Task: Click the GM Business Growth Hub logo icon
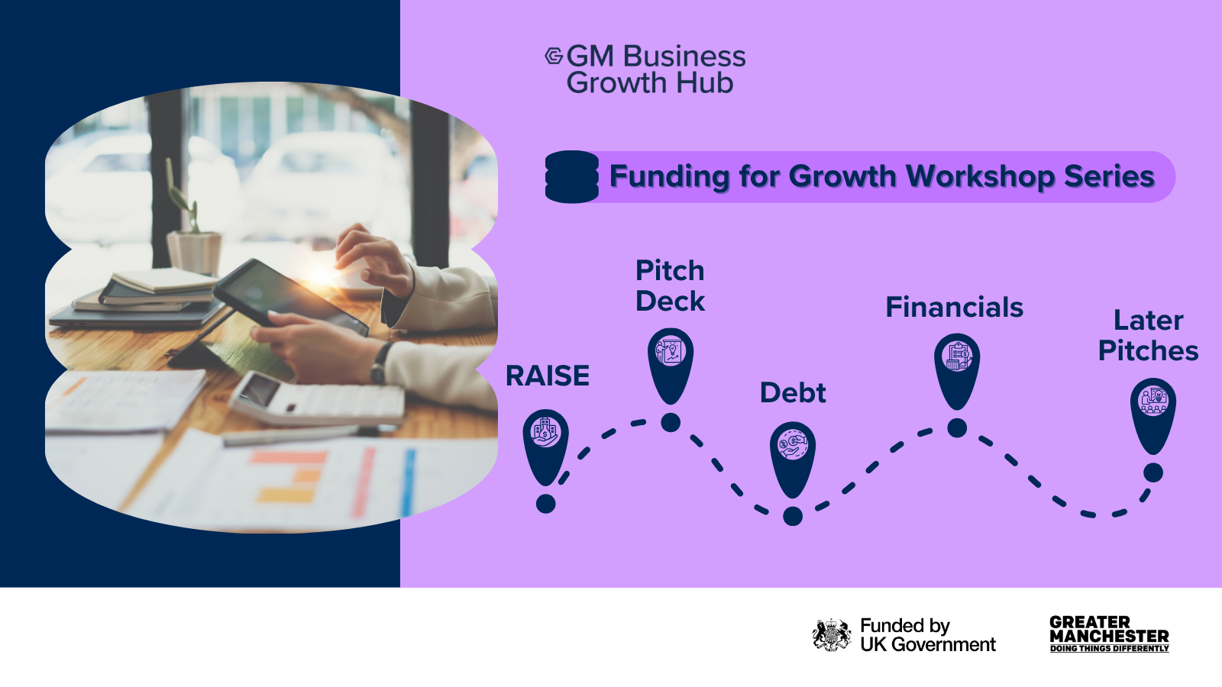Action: pos(554,56)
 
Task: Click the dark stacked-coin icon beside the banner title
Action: pos(572,176)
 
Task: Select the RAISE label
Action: pos(547,376)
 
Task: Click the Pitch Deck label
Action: pos(670,285)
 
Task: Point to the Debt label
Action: pos(793,392)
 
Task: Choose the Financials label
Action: pos(954,307)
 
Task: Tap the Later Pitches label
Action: pos(1149,335)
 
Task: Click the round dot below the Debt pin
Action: pos(793,516)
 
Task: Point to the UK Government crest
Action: pos(831,634)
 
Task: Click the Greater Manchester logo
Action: pos(1110,634)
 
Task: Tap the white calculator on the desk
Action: pos(317,398)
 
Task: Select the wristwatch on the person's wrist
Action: pos(380,363)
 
